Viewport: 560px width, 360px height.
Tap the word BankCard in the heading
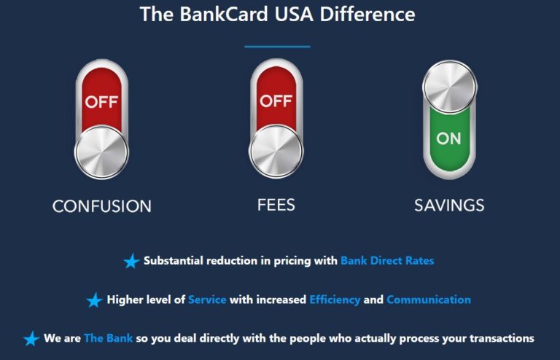click(212, 15)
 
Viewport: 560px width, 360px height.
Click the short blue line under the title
click(277, 47)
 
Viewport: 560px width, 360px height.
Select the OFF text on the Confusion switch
click(101, 101)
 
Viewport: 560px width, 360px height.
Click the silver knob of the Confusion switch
click(101, 152)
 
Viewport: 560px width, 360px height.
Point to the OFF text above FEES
click(276, 101)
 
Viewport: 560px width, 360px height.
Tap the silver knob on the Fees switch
click(276, 152)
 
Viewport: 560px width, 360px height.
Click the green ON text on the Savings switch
click(449, 138)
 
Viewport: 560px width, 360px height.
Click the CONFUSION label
click(102, 206)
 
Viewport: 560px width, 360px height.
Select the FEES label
click(276, 205)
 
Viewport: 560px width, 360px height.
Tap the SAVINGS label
click(449, 206)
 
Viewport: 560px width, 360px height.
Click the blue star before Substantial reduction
click(131, 261)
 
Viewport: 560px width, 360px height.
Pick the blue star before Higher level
click(94, 300)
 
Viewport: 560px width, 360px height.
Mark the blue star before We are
click(31, 339)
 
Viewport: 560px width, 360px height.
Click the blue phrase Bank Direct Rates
click(387, 260)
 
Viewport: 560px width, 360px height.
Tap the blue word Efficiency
click(335, 300)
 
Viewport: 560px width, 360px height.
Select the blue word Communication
click(429, 300)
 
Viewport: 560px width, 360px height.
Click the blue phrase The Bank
click(104, 338)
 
